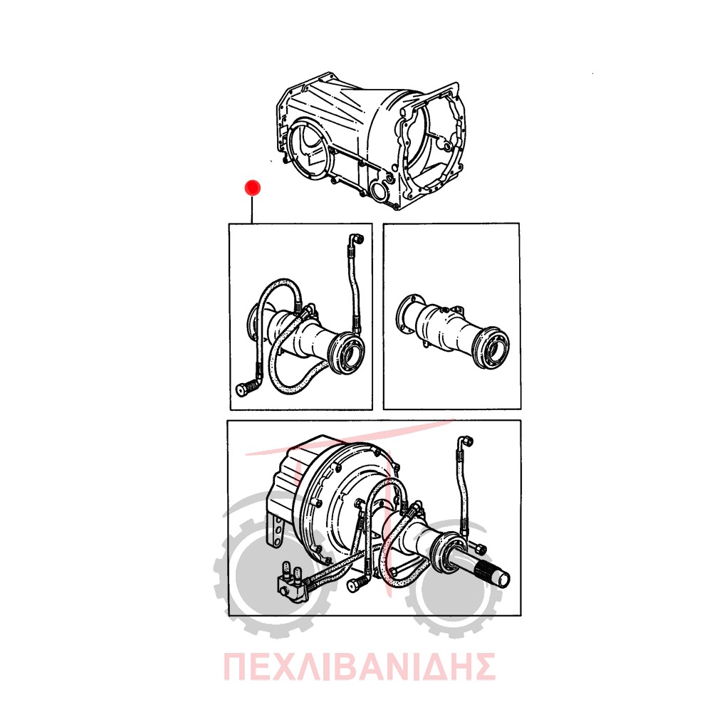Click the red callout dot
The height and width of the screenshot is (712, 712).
pyautogui.click(x=252, y=187)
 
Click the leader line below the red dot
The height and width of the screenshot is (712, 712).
pyautogui.click(x=252, y=209)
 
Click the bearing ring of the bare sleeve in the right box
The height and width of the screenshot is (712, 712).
pyautogui.click(x=492, y=347)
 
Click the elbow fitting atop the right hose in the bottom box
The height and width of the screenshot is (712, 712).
pyautogui.click(x=466, y=441)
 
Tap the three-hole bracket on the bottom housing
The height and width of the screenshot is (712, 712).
pyautogui.click(x=276, y=532)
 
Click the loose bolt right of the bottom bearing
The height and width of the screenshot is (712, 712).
pyautogui.click(x=480, y=549)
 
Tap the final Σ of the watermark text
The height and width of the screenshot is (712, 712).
pyautogui.click(x=483, y=667)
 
